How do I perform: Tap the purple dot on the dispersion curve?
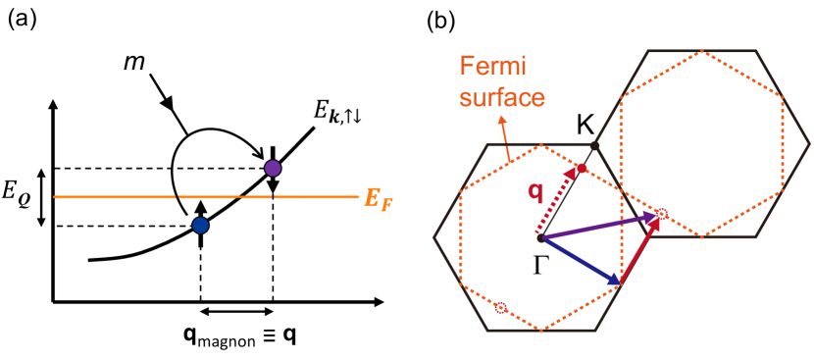click(273, 169)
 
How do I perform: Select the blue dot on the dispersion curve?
click(200, 227)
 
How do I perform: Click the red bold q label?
click(535, 192)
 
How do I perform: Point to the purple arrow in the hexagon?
click(598, 226)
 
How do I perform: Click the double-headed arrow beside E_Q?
click(41, 197)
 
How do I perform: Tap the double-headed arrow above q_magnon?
click(236, 311)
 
